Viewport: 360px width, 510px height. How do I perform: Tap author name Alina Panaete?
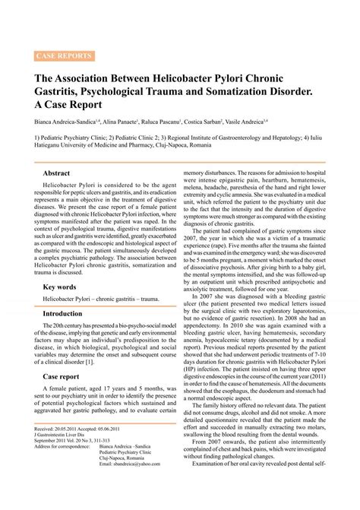coord(118,120)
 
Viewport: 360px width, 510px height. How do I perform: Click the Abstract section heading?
coord(57,173)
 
